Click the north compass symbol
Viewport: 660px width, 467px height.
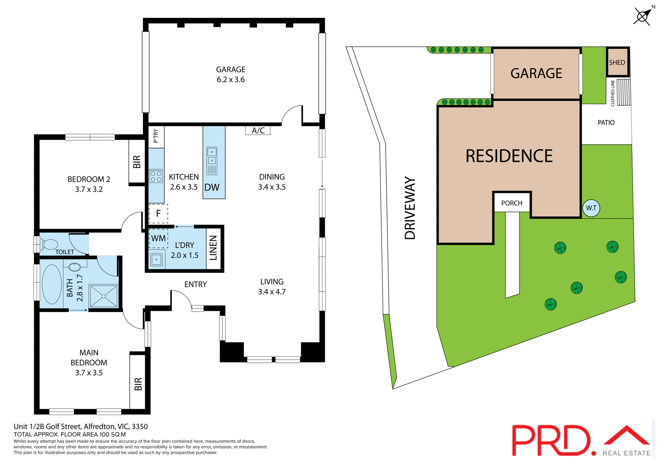point(642,16)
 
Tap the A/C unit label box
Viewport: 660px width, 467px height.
point(258,130)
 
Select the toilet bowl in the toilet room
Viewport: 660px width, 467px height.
point(50,244)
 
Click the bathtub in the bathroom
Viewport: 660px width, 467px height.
point(52,284)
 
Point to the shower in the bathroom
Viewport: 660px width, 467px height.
point(103,296)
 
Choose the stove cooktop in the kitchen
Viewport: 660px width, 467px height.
point(156,176)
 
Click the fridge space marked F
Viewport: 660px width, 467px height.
point(158,214)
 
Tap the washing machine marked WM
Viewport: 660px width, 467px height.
point(158,238)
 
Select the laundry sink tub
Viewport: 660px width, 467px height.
point(156,260)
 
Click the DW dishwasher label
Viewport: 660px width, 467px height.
point(212,187)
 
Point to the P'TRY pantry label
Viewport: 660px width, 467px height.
point(156,136)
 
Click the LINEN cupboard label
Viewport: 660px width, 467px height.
point(213,248)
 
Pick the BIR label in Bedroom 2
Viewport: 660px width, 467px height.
point(137,162)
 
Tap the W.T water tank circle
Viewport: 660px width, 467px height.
point(591,208)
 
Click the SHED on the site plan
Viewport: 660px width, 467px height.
point(617,62)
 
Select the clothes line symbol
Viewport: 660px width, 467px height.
point(624,92)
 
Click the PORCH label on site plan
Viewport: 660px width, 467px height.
point(511,203)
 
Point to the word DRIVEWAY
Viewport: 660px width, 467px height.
point(410,208)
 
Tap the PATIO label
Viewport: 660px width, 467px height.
point(606,123)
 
